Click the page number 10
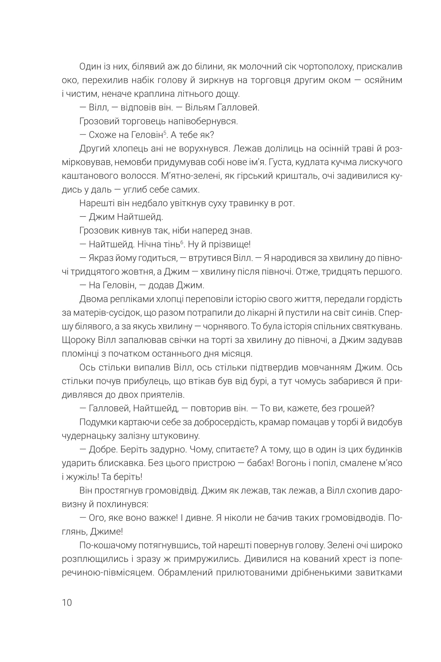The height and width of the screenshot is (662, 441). click(67, 603)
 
